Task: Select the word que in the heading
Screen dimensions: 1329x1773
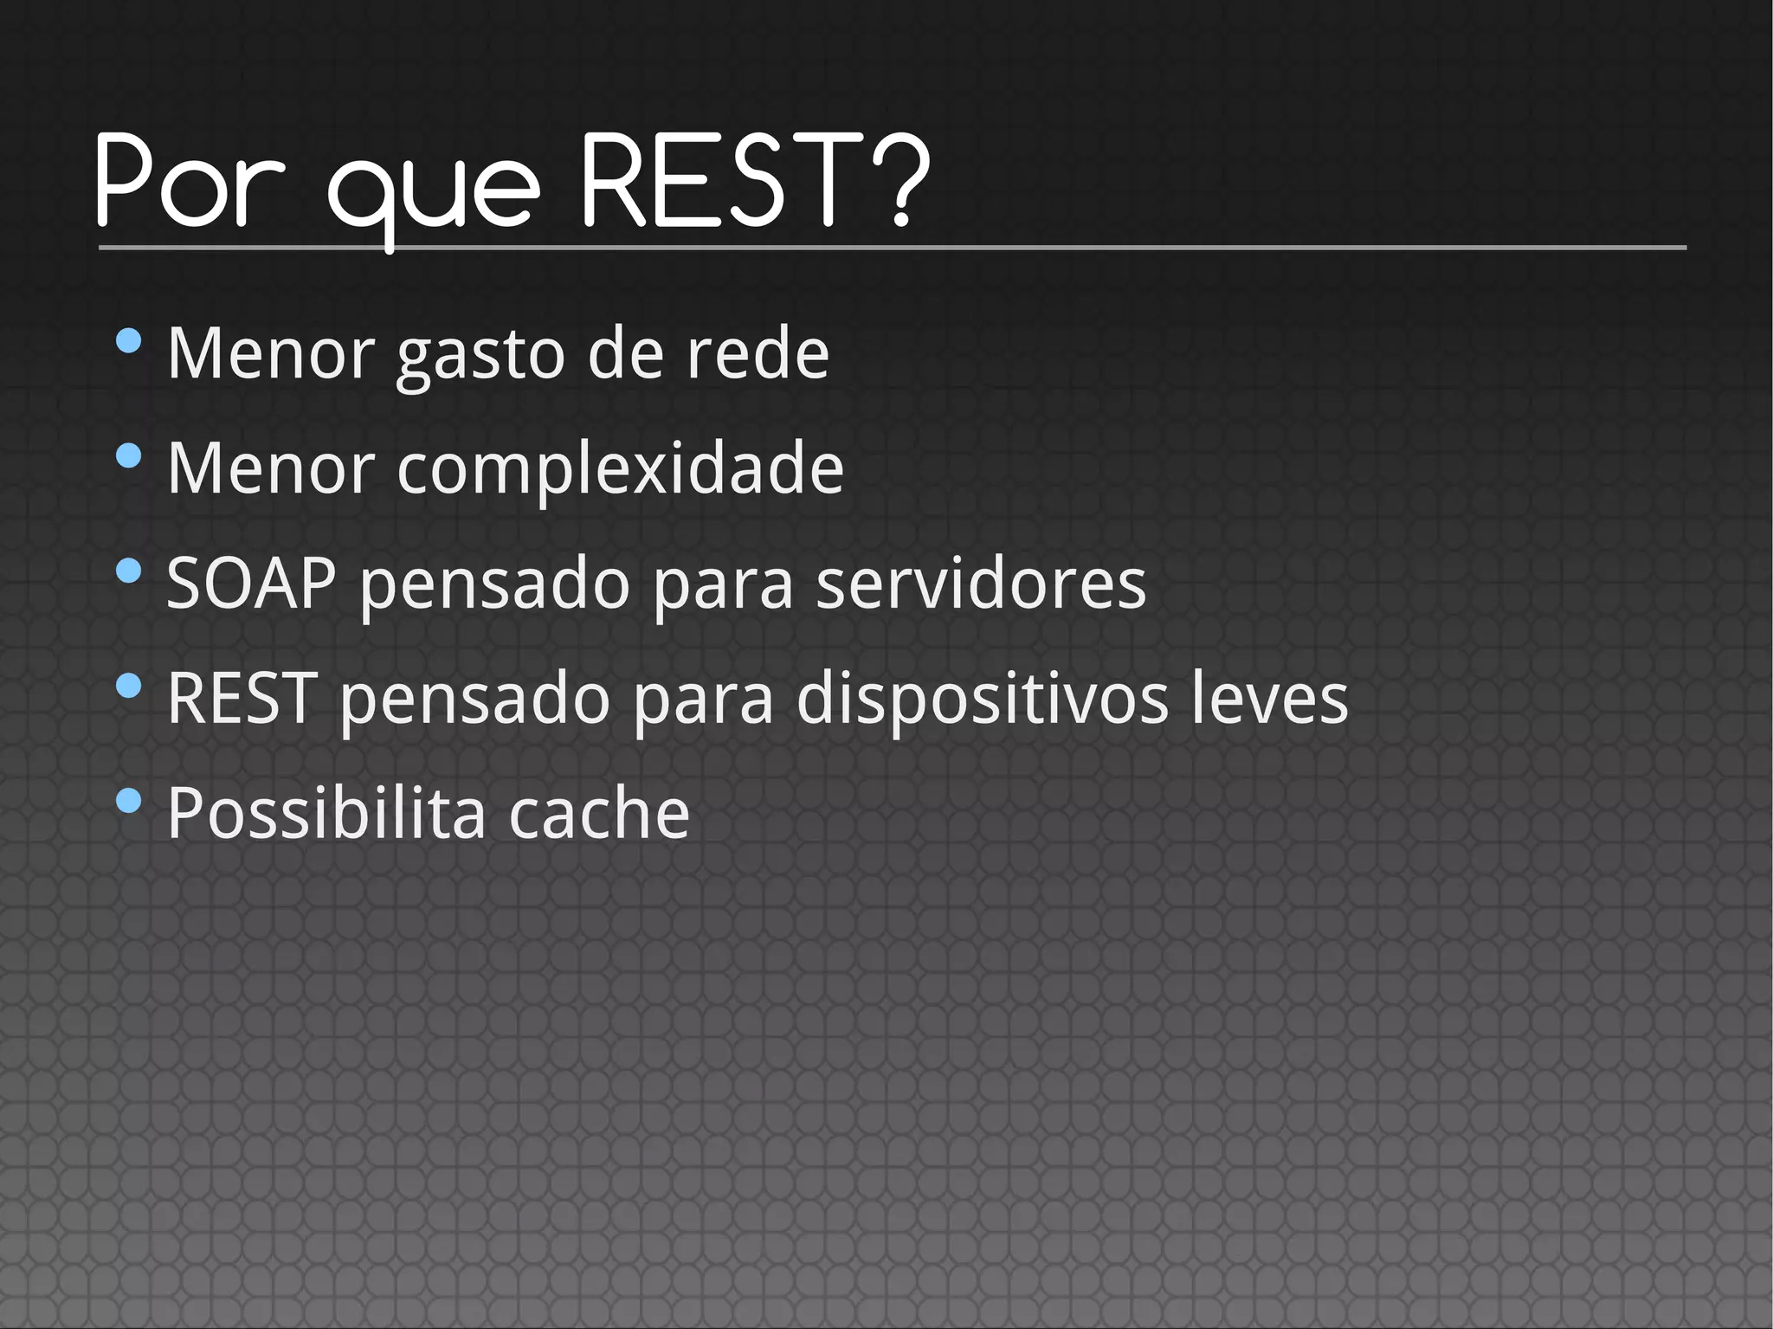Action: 433,190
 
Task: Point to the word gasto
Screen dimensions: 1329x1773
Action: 481,355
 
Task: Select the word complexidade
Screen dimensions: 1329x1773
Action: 620,468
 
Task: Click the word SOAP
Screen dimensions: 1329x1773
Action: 251,584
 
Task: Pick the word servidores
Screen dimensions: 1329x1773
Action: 981,584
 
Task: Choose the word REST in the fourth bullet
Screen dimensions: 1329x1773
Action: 242,698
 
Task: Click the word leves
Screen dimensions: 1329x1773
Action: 1270,698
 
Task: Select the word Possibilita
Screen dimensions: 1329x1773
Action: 326,813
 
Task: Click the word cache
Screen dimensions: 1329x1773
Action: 599,813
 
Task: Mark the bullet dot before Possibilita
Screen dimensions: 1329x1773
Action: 128,801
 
